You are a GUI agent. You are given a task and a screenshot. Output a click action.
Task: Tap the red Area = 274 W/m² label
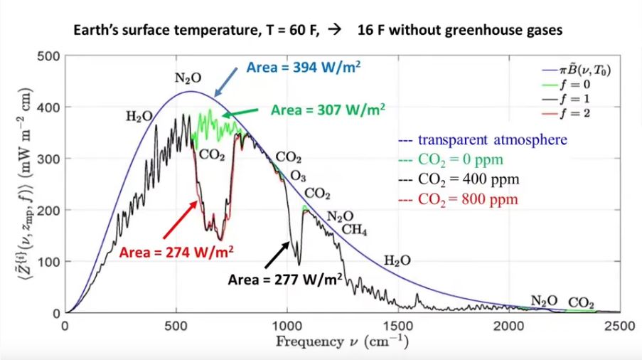point(176,251)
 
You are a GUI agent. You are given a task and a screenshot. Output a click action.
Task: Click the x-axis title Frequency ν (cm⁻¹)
point(342,341)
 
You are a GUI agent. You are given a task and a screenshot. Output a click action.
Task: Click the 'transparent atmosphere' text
point(492,139)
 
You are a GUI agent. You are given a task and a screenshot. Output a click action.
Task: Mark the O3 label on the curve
point(299,175)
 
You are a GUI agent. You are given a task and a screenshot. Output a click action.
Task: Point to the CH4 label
point(355,229)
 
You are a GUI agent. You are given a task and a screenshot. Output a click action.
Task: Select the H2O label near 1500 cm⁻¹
point(397,260)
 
